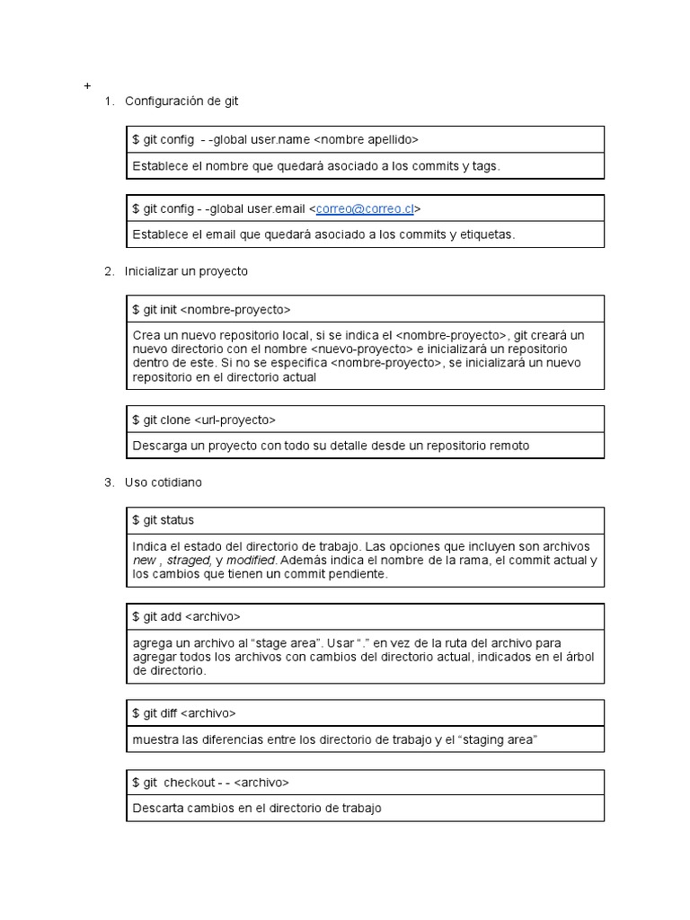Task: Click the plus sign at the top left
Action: (87, 86)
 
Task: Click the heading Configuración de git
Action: (181, 101)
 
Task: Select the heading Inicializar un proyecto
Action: (186, 270)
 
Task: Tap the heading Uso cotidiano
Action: (164, 482)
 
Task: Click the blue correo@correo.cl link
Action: (365, 208)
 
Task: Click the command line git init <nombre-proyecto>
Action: (212, 309)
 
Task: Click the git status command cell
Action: (163, 520)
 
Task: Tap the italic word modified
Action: (251, 561)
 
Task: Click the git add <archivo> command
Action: (187, 616)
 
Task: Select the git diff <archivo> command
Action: (184, 713)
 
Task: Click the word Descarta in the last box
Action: (157, 808)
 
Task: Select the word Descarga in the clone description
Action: (159, 445)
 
